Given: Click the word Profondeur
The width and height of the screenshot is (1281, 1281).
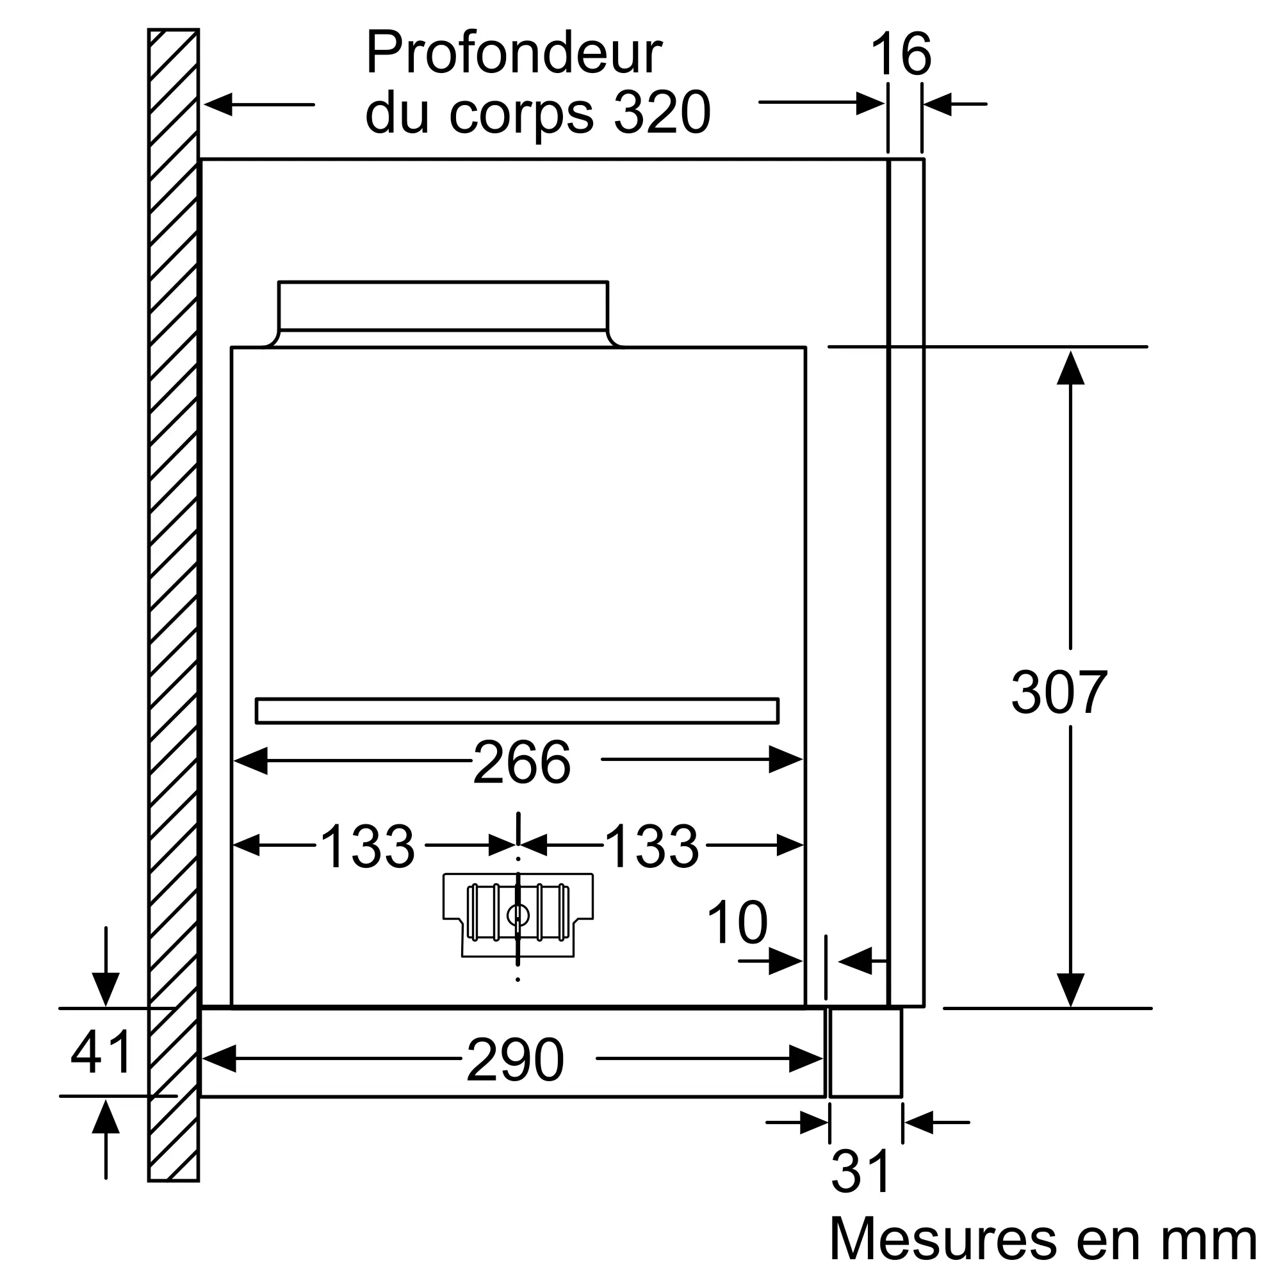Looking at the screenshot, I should click(514, 53).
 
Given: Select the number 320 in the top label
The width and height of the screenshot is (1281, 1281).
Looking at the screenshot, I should click(662, 113).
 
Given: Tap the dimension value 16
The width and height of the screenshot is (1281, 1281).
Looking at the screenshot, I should click(901, 54).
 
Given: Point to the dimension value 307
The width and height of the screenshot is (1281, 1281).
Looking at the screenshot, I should click(1059, 692).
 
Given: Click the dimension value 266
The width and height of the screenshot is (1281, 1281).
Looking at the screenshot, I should click(522, 762).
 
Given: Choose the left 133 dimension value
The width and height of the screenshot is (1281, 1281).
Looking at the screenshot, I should click(367, 847).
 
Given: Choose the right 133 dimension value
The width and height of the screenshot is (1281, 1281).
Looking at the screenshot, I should click(652, 847).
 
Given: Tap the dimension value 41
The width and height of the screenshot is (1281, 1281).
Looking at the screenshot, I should click(101, 1052).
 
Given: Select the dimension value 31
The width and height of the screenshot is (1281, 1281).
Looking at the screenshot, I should click(861, 1172).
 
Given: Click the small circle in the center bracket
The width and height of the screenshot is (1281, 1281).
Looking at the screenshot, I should click(518, 917).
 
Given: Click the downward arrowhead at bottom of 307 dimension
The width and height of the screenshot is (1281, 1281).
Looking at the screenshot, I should click(1070, 990).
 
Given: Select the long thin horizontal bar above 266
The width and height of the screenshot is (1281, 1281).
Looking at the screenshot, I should click(517, 711).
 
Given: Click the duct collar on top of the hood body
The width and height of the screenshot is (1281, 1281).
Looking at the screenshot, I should click(443, 306).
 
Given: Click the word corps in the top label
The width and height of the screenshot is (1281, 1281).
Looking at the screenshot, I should click(521, 113).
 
